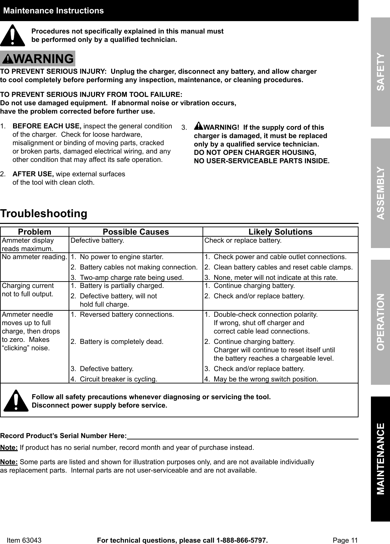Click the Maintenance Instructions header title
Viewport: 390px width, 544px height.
pos(54,11)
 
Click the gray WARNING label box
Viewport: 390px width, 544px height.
pos(37,59)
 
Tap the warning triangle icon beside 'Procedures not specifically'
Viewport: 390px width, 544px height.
pos(12,36)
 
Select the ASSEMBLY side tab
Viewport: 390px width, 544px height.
pos(380,193)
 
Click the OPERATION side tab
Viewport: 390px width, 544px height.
pos(380,321)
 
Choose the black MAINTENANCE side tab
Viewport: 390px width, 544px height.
pos(380,459)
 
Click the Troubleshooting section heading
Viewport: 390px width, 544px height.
pos(44,214)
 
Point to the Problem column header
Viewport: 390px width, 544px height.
pos(34,232)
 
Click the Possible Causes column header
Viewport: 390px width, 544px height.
pos(136,232)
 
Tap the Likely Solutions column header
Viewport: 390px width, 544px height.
pos(280,232)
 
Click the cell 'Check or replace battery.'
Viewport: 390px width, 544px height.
pos(243,241)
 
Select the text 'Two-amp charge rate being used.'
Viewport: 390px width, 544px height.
pos(132,278)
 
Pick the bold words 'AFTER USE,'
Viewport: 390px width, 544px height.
pos(33,174)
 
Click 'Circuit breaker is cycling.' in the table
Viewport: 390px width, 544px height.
pos(119,379)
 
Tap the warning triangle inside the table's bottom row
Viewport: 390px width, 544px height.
pos(16,401)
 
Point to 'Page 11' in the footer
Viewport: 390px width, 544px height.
pos(345,540)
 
